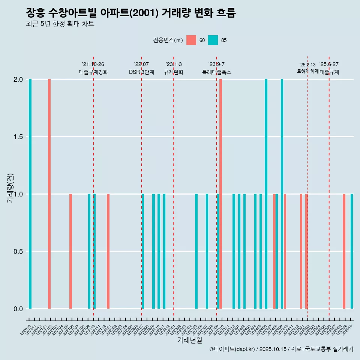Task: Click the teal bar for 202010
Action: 30,194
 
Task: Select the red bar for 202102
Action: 49,194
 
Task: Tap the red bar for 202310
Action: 221,194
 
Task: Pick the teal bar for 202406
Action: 266,194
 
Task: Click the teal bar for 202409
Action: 282,194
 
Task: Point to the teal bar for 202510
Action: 352,251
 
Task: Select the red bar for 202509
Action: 344,251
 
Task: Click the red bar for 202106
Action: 70,251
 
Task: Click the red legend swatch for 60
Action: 191,40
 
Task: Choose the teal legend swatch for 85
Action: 213,40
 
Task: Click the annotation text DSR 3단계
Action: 141,72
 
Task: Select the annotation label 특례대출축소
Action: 217,72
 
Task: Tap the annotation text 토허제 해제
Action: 307,71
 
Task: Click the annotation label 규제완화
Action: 174,72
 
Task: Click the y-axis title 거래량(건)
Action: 10,188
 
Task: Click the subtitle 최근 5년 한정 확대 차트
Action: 60,24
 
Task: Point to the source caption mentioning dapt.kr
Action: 281,349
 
